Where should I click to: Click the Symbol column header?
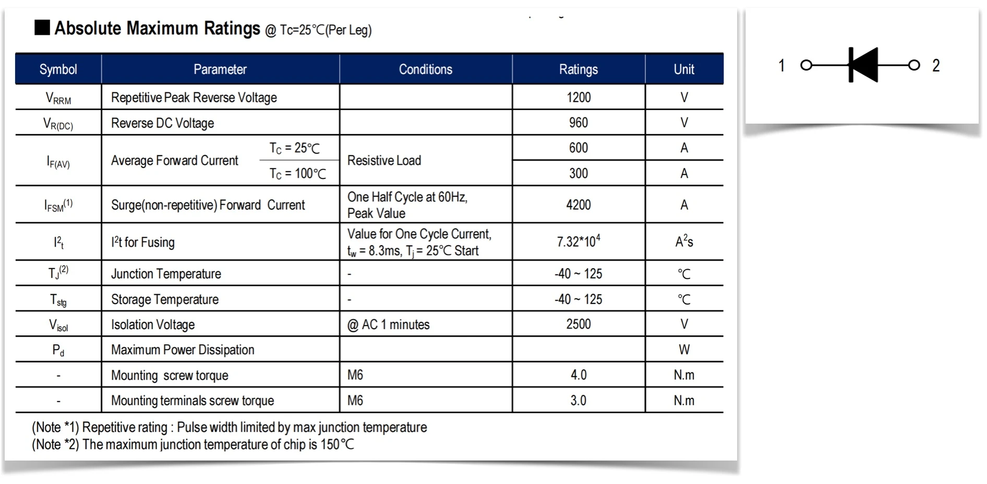(58, 69)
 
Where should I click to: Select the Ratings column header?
(578, 69)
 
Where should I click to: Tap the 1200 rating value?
(579, 98)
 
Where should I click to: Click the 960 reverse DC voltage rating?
(578, 123)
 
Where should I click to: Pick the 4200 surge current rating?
(578, 204)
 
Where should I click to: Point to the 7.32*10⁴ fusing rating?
(578, 241)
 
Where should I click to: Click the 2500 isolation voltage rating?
(578, 324)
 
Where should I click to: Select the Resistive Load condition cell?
(384, 161)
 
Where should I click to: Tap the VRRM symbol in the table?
(58, 98)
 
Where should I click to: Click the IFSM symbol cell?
(58, 205)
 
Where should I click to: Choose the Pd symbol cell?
(58, 350)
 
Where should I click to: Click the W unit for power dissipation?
(684, 349)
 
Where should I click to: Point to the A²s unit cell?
(684, 241)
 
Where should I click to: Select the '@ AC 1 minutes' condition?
(388, 324)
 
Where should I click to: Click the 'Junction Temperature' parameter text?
(166, 274)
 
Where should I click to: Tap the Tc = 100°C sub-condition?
(297, 173)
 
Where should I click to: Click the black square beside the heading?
(42, 27)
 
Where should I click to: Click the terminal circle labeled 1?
(807, 65)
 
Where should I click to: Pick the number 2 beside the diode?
(936, 66)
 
